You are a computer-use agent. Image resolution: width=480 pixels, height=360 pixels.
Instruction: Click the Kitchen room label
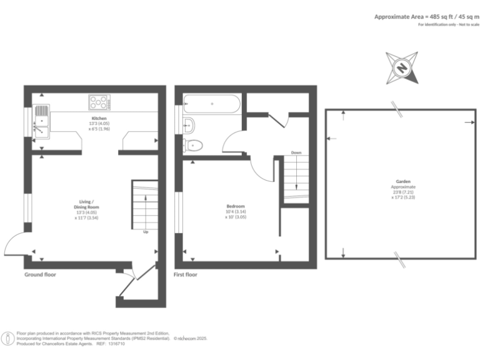coord(99,118)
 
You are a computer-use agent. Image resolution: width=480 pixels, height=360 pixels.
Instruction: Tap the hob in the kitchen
coord(99,101)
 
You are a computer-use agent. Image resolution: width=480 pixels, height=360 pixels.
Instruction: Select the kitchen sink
coord(41,121)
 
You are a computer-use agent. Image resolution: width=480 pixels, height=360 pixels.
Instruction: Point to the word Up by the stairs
coord(146,232)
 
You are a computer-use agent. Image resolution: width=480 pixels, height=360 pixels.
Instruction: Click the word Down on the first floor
coord(296,152)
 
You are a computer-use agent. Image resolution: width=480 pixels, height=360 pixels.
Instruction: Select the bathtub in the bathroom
coord(211,103)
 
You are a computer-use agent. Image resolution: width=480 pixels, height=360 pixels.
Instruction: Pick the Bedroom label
coord(236,206)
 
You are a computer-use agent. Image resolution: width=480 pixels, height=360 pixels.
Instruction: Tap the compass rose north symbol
coord(402,67)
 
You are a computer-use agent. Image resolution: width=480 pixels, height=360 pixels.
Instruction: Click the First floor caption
coord(186,274)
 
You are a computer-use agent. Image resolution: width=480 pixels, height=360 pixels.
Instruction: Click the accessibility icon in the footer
coord(8,338)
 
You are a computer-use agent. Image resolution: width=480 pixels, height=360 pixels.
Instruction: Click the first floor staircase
coord(296,177)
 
